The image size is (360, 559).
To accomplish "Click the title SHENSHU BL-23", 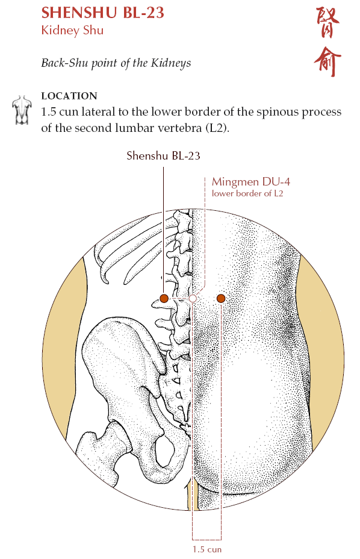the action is point(103,13).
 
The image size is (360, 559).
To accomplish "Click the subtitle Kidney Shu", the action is point(72,30).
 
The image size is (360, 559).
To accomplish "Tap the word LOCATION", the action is point(69,96).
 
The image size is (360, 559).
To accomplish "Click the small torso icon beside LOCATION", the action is point(22,110).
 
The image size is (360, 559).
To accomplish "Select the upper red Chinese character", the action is point(328,23).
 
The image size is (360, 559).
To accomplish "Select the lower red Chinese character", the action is point(327,61).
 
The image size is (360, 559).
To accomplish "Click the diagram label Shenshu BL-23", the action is point(163,156).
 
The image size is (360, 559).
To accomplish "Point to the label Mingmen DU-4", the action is point(251,182).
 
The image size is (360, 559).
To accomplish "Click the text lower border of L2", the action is point(247,193).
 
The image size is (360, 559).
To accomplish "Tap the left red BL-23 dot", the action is point(164,298).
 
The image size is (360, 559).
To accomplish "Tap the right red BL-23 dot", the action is point(221,298).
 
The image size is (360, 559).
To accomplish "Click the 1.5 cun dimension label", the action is point(207,549).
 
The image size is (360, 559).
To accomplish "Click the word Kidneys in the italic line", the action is point(171,63).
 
